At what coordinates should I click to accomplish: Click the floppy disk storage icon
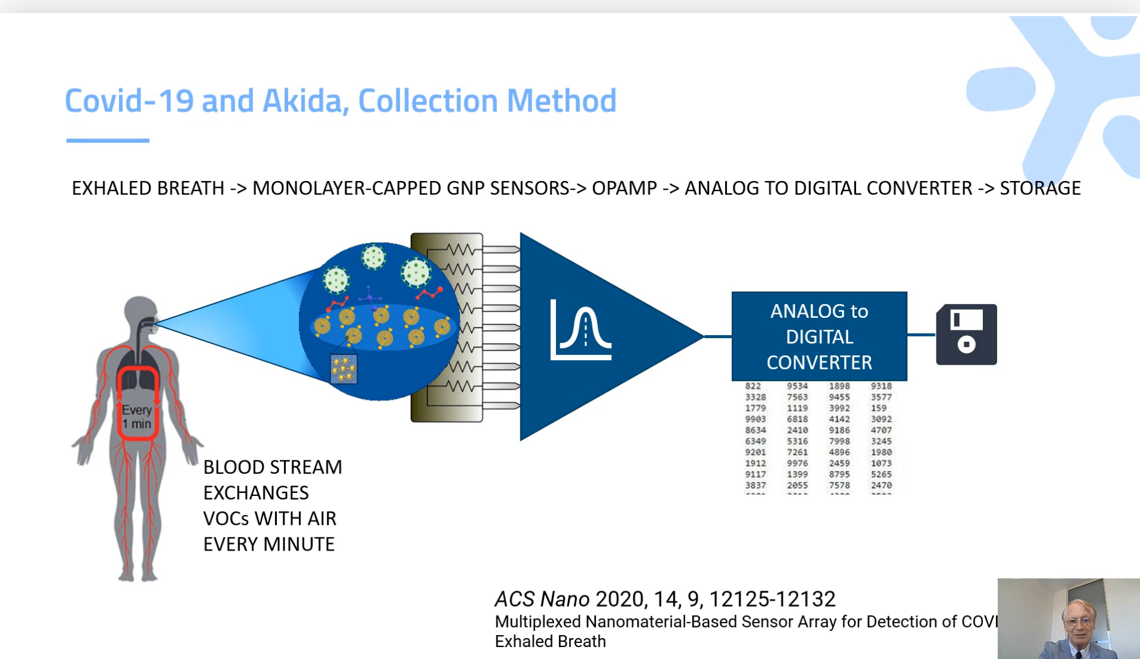pos(966,335)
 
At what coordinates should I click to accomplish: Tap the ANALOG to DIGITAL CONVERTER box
pos(819,336)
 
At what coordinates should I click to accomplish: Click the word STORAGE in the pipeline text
pos(1040,188)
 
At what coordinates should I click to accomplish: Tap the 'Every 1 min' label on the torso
pos(137,417)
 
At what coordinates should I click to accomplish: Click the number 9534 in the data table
pos(797,386)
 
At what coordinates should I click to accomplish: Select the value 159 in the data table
pos(879,408)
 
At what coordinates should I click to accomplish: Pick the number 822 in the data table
pos(753,386)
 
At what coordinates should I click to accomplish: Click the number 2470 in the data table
pos(881,486)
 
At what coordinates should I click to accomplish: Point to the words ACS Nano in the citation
pos(542,599)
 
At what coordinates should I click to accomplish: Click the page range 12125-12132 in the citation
pos(772,599)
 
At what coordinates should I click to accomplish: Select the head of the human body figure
pos(140,313)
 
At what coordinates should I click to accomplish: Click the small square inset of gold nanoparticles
pos(343,369)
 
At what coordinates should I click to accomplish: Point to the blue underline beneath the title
pos(108,140)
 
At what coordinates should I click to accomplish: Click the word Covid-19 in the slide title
pos(129,101)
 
